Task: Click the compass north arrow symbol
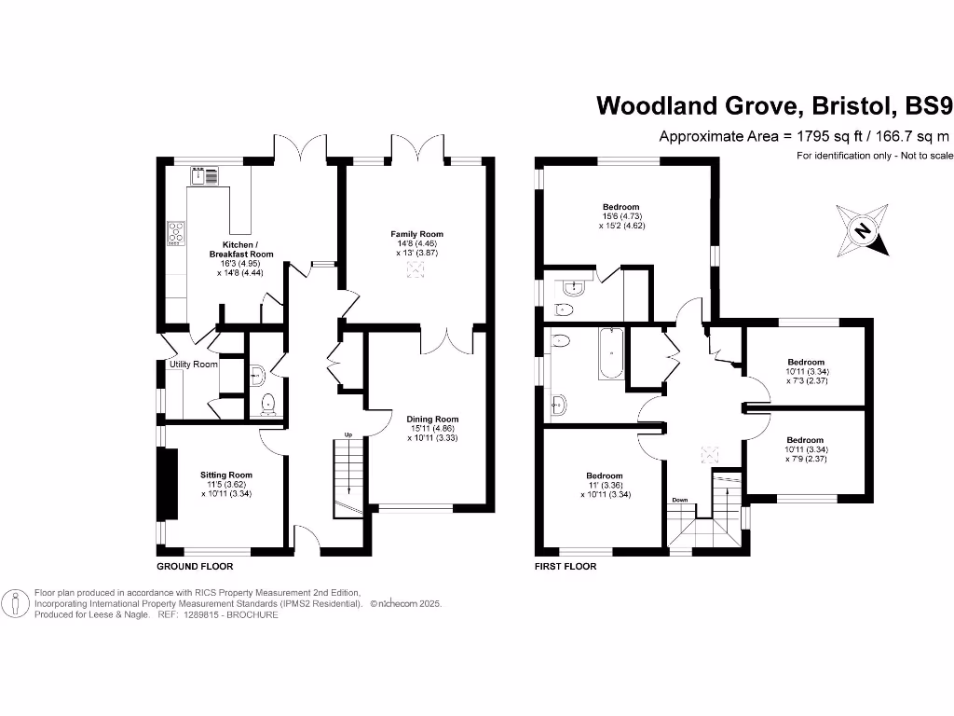tap(863, 229)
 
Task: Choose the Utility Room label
tap(193, 365)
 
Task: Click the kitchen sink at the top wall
tap(205, 174)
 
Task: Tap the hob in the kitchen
tap(175, 232)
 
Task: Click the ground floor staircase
tap(348, 476)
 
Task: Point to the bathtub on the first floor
tap(609, 354)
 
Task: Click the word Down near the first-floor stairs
tap(680, 501)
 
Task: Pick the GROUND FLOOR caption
tap(195, 566)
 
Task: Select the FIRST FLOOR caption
tap(565, 566)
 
